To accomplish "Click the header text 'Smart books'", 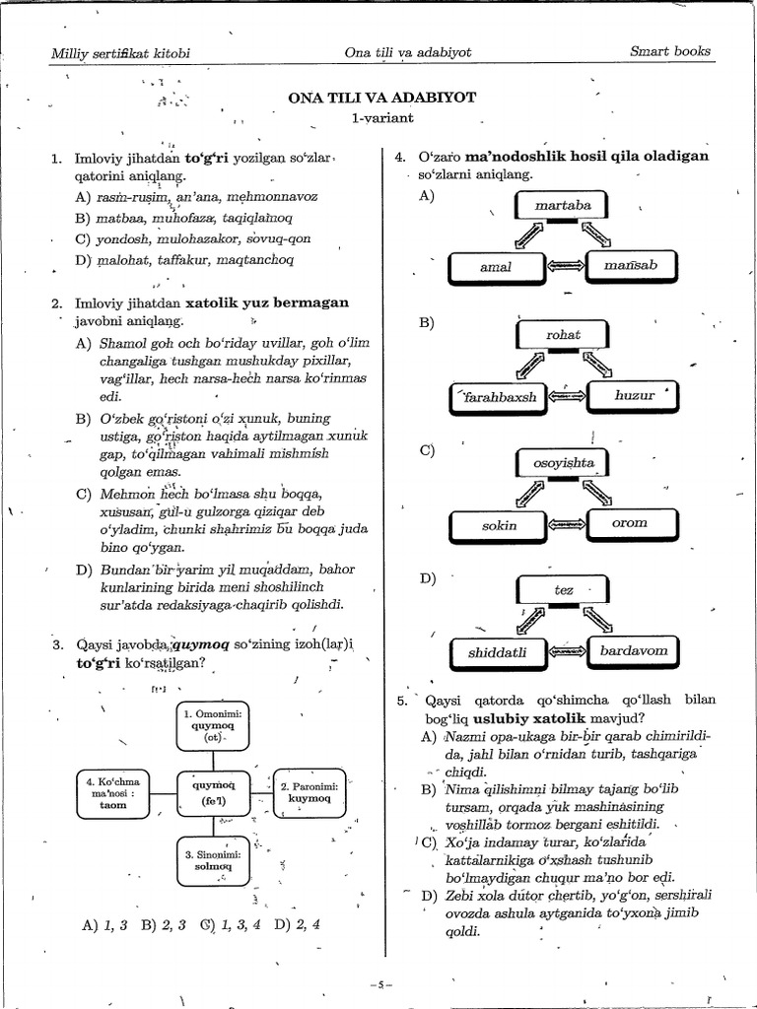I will click(669, 51).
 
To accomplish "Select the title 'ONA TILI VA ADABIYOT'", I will click(381, 98).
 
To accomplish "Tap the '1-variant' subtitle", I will click(381, 118).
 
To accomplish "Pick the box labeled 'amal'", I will click(496, 267).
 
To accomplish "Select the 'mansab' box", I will click(631, 265).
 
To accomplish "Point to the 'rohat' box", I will click(563, 335).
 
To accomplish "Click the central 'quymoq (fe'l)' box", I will click(214, 792).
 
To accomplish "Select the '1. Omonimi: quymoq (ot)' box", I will click(215, 724).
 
